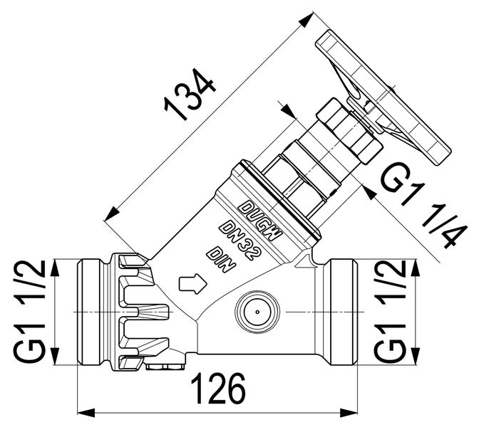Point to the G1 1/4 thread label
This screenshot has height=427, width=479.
[x=418, y=206]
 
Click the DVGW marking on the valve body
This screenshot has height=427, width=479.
[x=260, y=219]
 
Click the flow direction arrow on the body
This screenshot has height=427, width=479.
[x=192, y=285]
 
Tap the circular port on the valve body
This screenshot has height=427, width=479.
[x=254, y=312]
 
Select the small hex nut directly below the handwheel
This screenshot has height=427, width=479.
[x=349, y=130]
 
